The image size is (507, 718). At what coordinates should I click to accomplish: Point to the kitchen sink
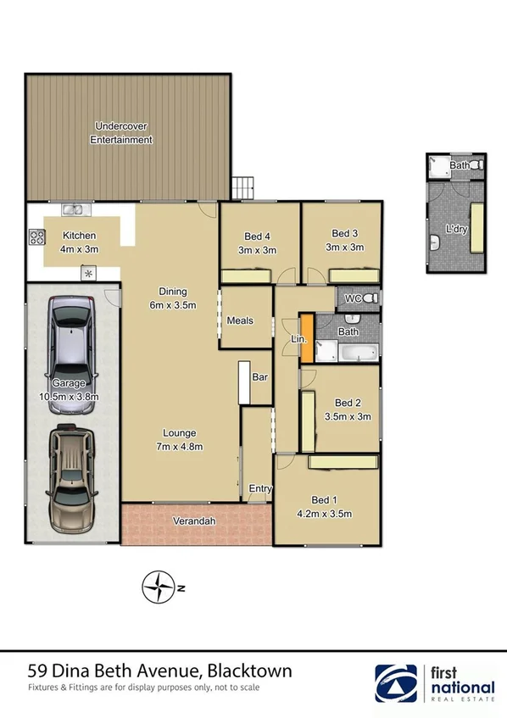click(x=72, y=209)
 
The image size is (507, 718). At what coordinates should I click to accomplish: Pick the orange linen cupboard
click(x=307, y=339)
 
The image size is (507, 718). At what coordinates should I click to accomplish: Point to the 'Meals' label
click(x=241, y=320)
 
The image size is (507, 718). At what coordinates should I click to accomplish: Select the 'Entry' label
click(x=259, y=489)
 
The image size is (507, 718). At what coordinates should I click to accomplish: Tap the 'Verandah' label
click(x=191, y=520)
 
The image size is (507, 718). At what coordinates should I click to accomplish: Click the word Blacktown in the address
click(x=250, y=671)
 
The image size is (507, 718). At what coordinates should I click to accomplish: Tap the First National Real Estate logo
click(x=435, y=683)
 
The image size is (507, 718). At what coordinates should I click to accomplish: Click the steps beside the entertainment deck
click(x=243, y=185)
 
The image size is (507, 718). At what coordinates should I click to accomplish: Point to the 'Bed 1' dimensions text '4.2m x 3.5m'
click(x=326, y=514)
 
